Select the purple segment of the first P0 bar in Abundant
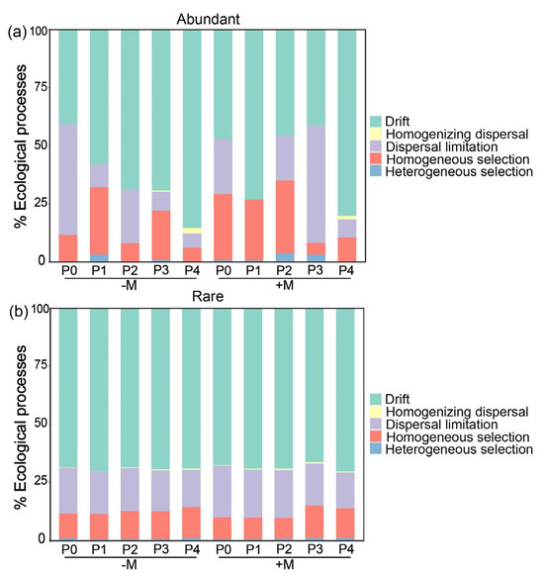click(67, 179)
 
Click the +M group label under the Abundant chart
click(285, 286)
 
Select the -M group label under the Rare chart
click(129, 565)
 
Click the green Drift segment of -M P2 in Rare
click(129, 387)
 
